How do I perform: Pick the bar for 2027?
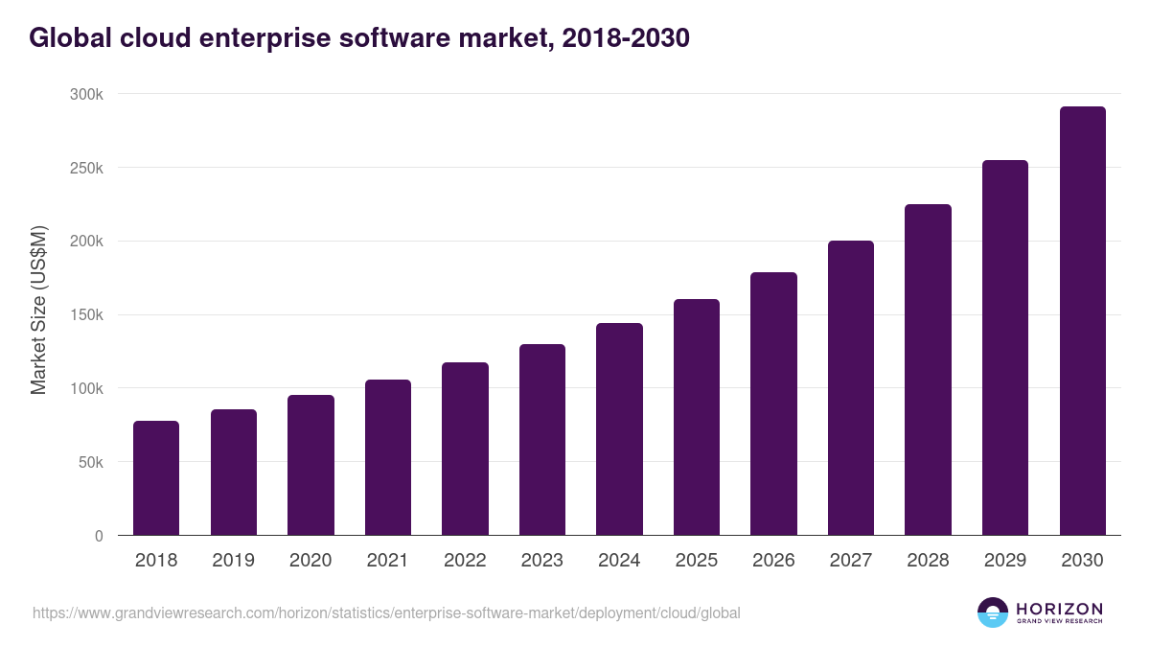851,387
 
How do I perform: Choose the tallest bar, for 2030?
1082,320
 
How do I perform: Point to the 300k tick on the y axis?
85,94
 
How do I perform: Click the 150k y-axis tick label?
85,314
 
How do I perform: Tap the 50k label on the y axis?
89,462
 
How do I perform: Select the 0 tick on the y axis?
99,536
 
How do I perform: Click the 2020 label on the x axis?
310,561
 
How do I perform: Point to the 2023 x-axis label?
542,561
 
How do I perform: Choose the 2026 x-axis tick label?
773,561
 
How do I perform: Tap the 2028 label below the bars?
928,561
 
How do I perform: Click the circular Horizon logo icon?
992,612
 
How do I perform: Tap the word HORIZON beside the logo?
1059,608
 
